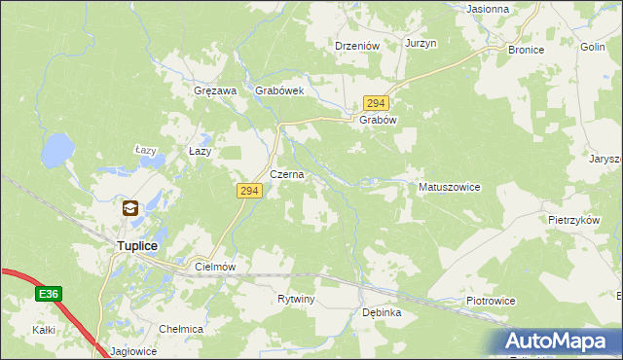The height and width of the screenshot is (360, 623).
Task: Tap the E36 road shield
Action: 50,292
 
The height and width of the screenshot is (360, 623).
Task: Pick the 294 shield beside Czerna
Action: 248,192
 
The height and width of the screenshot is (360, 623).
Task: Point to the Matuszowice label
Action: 449,187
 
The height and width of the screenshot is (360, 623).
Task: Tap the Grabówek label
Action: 280,90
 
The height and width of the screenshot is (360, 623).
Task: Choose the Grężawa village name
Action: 216,90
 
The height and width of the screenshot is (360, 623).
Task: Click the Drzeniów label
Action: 356,45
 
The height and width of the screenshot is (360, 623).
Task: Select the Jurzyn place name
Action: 421,45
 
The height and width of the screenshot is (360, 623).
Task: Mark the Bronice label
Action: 526,49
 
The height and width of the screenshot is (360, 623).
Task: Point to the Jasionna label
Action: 488,9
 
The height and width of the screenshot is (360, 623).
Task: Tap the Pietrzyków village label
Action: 572,221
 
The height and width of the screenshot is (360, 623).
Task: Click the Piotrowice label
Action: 490,302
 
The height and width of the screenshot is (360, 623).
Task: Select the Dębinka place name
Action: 382,313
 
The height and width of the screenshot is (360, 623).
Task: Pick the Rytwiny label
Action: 296,299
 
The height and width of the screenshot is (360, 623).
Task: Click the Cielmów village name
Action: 216,266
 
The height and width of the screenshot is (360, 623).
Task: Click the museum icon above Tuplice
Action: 129,207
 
